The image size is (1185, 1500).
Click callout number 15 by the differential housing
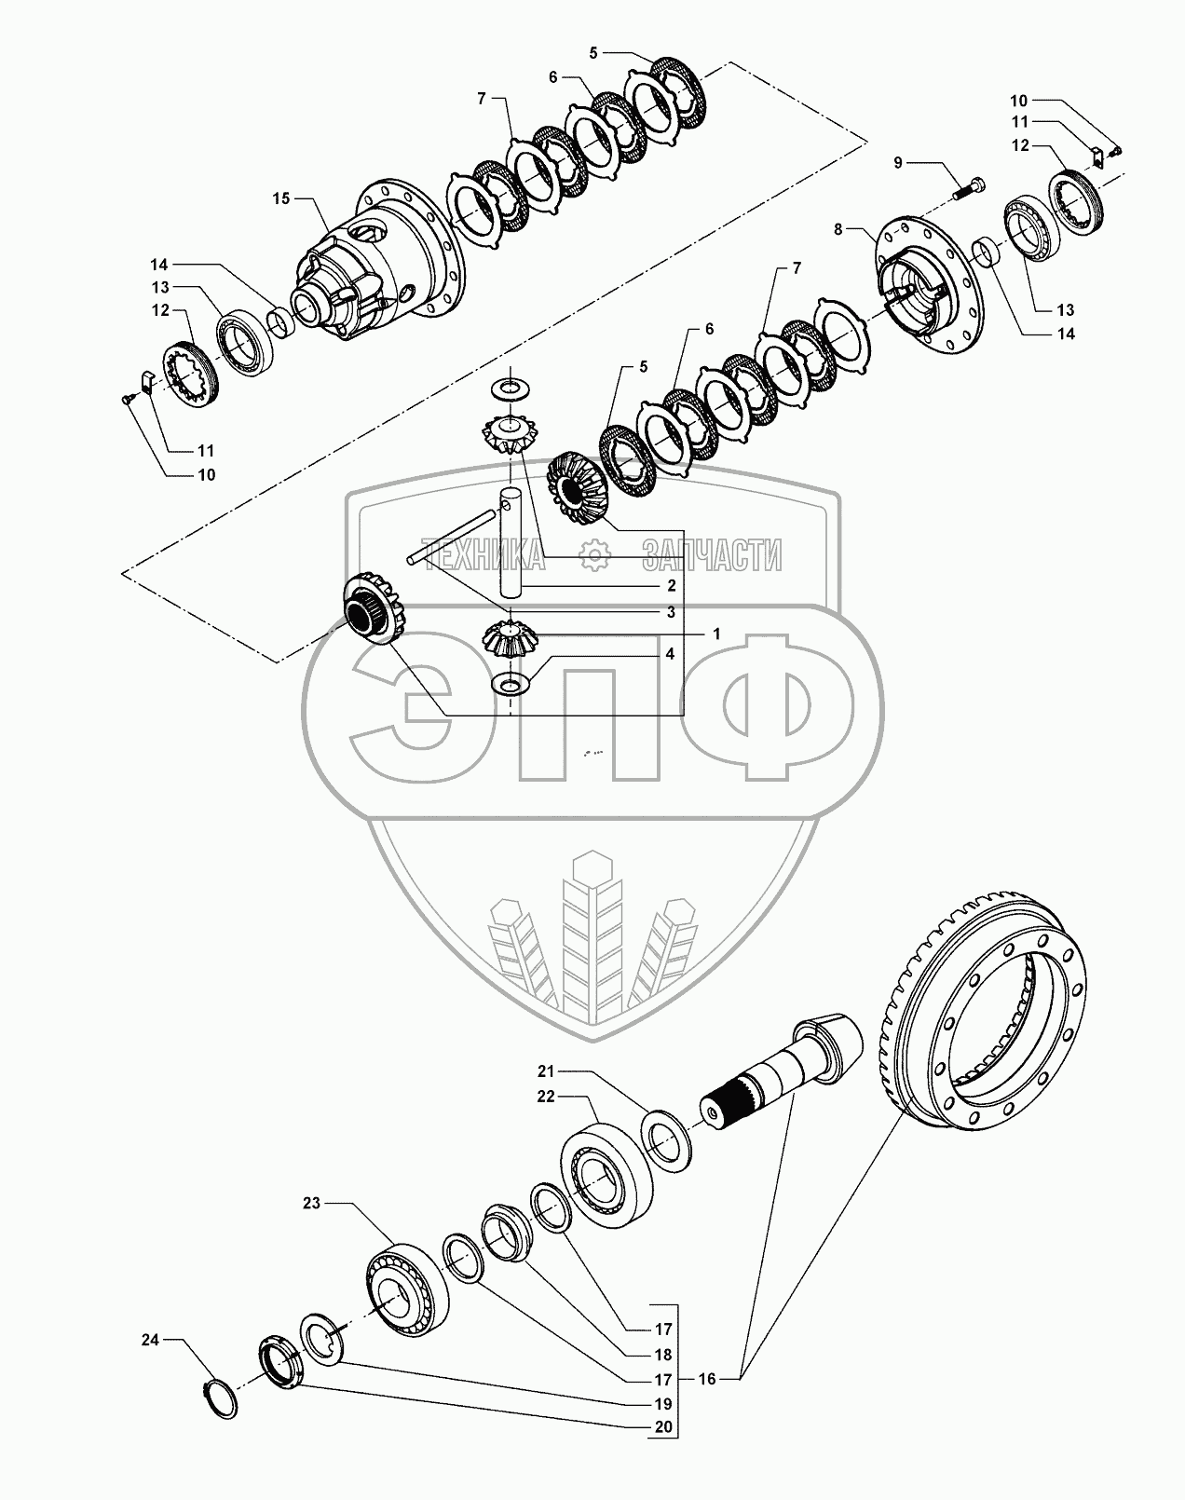point(281,198)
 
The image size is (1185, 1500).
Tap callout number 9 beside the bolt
point(898,163)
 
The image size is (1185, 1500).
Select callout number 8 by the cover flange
point(838,228)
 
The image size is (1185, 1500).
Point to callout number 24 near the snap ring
point(150,1341)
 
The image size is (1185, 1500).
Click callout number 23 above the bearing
point(311,1204)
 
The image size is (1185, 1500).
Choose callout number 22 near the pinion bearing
point(546,1097)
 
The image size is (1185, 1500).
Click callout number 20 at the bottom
point(661,1452)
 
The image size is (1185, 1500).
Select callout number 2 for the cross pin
point(671,586)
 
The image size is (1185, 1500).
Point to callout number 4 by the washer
point(670,654)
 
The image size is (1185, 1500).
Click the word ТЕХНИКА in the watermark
point(483,555)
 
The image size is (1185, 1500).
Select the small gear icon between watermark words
point(593,556)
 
